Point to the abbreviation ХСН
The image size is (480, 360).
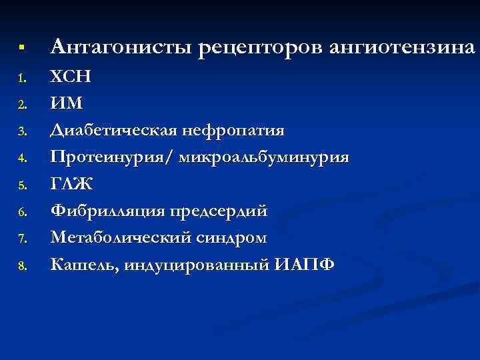70,77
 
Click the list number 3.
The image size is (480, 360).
21,133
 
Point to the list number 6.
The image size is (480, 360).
21,213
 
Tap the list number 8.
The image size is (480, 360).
21,266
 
